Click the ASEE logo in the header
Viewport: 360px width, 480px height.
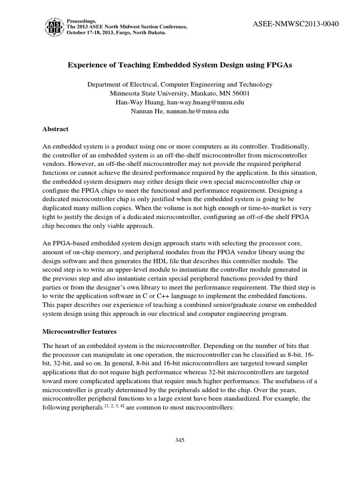[54, 27]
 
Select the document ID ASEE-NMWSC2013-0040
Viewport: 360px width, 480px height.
[295, 24]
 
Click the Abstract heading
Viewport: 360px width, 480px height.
[55, 129]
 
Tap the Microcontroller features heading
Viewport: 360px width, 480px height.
[79, 331]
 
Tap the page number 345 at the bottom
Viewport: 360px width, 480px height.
[180, 440]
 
